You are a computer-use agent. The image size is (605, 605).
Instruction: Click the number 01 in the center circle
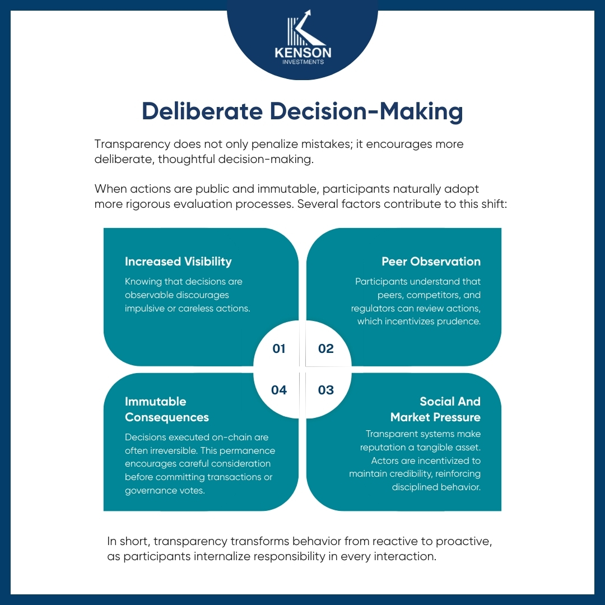[x=278, y=348]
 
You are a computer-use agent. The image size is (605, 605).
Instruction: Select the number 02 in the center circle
[x=325, y=348]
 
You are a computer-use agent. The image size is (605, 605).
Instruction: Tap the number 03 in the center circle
[x=325, y=390]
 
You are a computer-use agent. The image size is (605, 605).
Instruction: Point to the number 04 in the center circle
[x=278, y=390]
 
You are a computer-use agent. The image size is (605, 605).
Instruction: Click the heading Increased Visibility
[x=178, y=262]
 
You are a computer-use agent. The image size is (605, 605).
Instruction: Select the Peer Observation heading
[x=431, y=261]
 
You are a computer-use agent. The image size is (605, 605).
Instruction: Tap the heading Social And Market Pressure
[x=435, y=409]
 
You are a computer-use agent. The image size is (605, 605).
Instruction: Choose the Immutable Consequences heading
[x=167, y=409]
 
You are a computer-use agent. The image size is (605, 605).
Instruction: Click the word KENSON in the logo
[x=303, y=53]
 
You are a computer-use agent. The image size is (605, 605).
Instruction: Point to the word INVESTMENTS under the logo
[x=303, y=62]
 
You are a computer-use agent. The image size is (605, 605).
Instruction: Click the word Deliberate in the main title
[x=202, y=111]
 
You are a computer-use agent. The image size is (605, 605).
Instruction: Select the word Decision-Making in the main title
[x=366, y=112]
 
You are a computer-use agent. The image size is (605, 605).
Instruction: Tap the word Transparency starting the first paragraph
[x=132, y=145]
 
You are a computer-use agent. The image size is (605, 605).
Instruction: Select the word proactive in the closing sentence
[x=463, y=542]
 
